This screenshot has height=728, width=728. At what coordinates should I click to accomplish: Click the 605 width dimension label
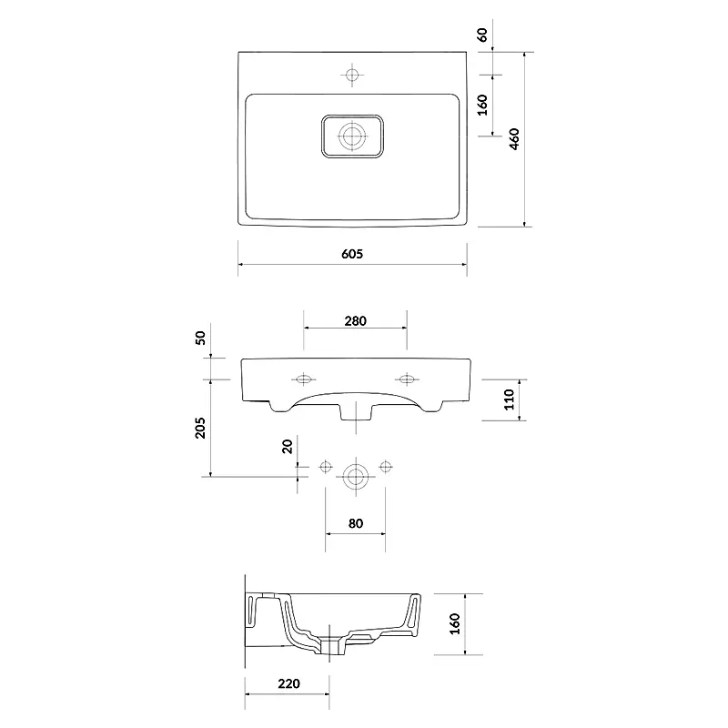(352, 254)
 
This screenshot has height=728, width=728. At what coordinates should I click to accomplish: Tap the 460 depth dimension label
(514, 139)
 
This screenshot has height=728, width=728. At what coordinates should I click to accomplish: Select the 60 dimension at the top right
(483, 35)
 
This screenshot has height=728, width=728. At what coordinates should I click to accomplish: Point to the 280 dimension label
(355, 321)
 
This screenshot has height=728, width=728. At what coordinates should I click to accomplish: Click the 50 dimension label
(200, 338)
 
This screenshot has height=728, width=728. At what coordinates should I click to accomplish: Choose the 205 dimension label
(200, 428)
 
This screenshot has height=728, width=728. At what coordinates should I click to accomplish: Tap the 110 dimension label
(510, 399)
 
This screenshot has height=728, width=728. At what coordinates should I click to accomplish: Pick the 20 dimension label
(288, 446)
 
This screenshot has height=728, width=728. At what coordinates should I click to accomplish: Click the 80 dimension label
(355, 523)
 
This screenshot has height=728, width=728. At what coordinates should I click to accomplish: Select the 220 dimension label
(288, 683)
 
